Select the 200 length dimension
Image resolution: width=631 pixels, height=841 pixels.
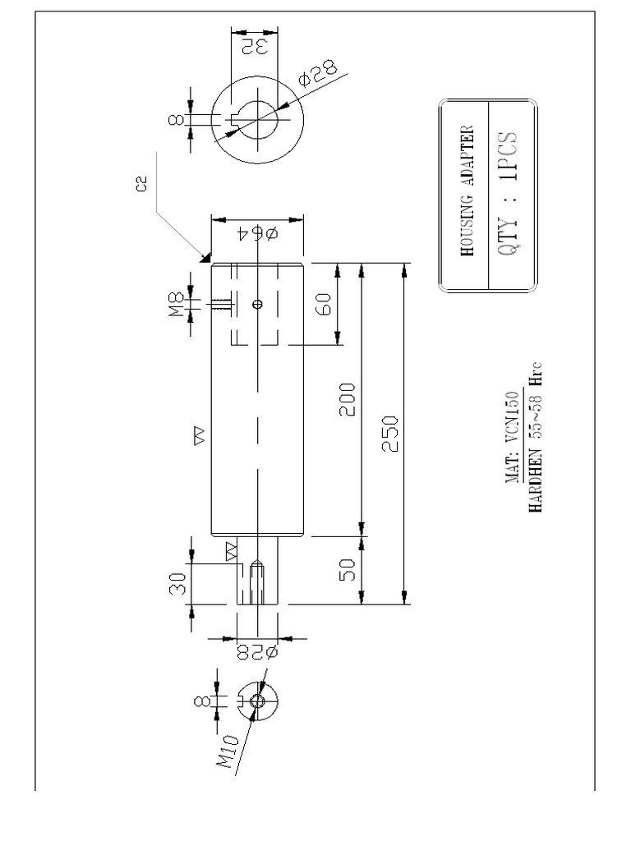[348, 399]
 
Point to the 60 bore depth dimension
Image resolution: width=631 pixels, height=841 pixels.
[325, 305]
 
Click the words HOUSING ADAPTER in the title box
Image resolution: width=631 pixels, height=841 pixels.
[468, 191]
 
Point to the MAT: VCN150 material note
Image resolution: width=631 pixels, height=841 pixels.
[511, 439]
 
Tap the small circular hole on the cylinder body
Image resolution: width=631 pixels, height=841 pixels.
[257, 304]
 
